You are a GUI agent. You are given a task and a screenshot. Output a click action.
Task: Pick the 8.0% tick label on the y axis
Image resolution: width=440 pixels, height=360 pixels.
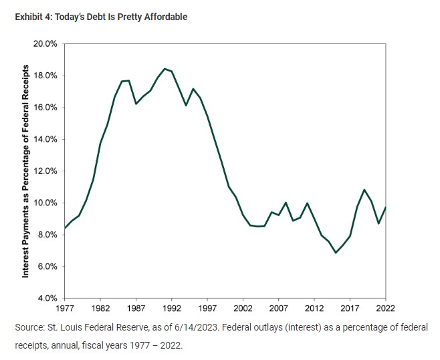[x=47, y=235]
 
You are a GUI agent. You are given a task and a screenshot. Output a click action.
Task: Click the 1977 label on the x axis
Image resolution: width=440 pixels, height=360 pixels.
[x=64, y=308]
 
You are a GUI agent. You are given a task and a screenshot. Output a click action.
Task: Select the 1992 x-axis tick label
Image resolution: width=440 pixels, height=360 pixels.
[x=172, y=308]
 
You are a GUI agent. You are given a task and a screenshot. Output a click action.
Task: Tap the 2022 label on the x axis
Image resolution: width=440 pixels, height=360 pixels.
[x=386, y=308]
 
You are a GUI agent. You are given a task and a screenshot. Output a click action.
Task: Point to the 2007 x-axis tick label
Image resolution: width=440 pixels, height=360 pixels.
[x=279, y=308]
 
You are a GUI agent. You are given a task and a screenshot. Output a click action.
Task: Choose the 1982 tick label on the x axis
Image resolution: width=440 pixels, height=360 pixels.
[x=100, y=308]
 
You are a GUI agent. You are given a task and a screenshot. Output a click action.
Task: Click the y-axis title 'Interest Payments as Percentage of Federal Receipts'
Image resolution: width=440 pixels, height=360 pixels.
[x=25, y=171]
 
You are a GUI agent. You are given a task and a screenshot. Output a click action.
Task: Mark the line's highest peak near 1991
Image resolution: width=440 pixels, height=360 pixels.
[x=164, y=68]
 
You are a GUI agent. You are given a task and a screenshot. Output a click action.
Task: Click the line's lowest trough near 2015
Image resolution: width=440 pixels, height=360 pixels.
[x=336, y=253]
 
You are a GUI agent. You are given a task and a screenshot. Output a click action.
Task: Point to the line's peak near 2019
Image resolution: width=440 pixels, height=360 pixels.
[x=364, y=189]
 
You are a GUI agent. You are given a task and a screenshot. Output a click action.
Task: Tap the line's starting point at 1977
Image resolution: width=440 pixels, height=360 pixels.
[x=65, y=228]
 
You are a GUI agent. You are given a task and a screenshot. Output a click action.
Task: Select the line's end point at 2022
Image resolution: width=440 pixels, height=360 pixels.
[x=386, y=207]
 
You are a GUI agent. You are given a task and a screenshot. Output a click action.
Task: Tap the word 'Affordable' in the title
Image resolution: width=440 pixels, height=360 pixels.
[x=165, y=17]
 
